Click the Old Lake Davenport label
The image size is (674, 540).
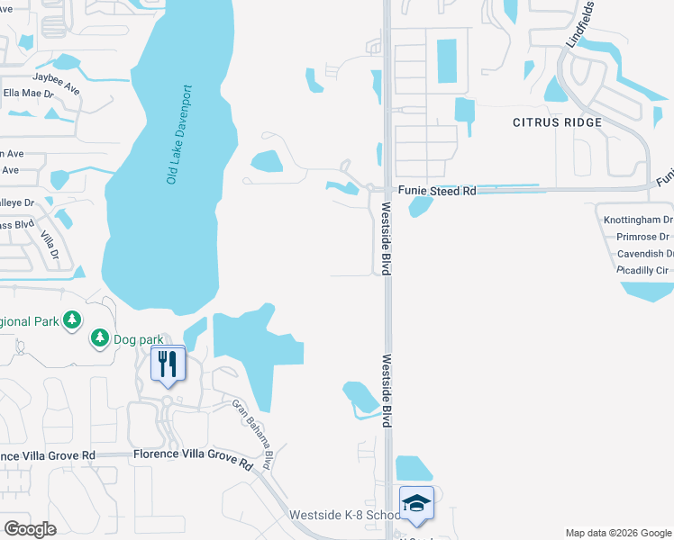[x=179, y=135]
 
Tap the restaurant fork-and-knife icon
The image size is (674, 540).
[x=167, y=364]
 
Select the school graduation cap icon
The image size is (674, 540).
[x=416, y=505]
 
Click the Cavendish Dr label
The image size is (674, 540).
[x=644, y=254]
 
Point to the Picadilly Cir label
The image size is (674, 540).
[x=642, y=270]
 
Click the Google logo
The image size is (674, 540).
[x=30, y=529]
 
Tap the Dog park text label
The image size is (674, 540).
[x=139, y=340]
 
